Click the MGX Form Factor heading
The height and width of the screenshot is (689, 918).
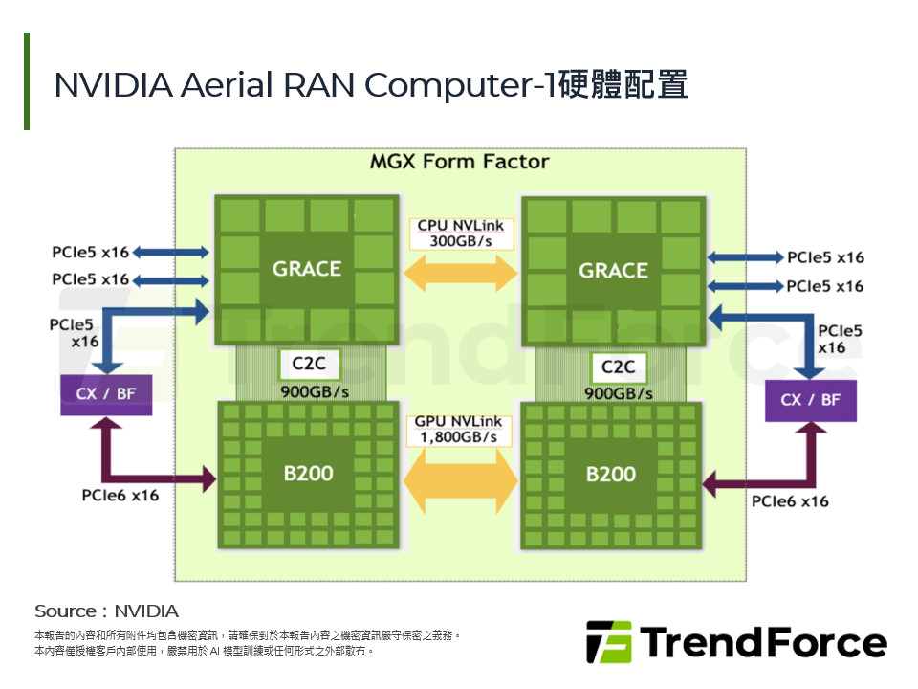click(459, 161)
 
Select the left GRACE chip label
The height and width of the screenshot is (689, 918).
click(306, 269)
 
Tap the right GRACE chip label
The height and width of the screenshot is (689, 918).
click(613, 271)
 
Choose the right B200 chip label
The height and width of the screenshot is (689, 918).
click(611, 475)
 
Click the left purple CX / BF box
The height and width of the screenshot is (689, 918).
click(105, 394)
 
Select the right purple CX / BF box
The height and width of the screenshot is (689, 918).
click(811, 399)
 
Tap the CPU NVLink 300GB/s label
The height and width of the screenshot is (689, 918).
click(461, 233)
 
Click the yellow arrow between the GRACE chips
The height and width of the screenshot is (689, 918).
click(461, 275)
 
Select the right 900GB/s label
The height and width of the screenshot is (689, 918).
click(618, 393)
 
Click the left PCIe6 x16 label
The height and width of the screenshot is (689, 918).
click(120, 495)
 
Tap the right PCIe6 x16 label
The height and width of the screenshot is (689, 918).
click(790, 500)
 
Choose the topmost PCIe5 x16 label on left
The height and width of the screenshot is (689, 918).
click(90, 253)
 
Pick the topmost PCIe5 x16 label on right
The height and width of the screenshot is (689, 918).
click(825, 257)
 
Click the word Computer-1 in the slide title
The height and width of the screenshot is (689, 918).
click(459, 84)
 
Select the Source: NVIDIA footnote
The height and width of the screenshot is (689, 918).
click(106, 611)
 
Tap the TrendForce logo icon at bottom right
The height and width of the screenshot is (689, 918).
click(608, 642)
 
